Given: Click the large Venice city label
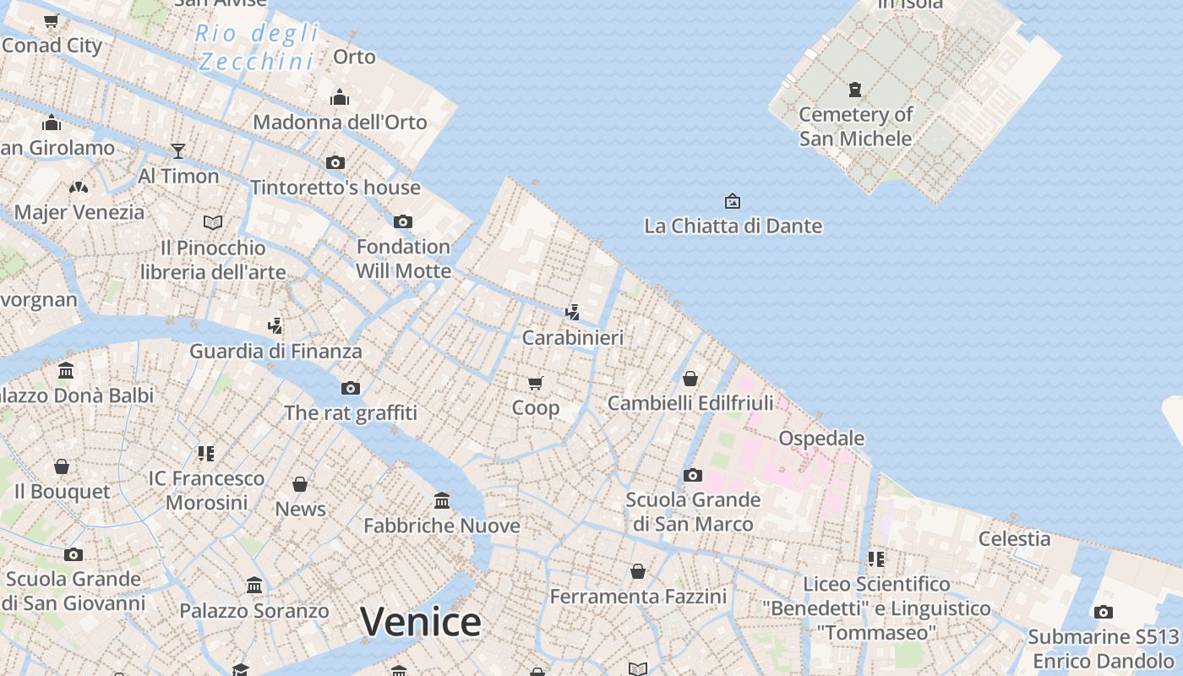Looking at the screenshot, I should click(421, 622).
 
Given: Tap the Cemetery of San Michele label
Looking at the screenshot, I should click(856, 126).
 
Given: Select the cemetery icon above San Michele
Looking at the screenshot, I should click(855, 89).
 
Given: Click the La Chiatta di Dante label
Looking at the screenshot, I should click(733, 226).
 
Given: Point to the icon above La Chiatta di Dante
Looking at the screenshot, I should click(733, 201).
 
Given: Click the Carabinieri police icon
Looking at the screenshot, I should click(572, 313).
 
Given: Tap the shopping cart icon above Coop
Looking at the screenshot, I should click(535, 384).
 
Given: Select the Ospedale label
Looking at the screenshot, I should click(821, 438).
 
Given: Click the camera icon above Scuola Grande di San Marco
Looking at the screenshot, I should click(693, 475).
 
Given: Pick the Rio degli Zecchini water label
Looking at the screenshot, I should click(257, 47).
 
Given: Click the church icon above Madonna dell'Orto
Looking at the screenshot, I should click(340, 97).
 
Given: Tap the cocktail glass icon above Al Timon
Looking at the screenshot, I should click(177, 151).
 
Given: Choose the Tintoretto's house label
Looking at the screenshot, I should click(335, 187).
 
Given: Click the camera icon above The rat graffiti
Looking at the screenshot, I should click(351, 389).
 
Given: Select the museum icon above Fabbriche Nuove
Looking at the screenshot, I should click(442, 500).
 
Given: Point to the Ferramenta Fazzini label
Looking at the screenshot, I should click(638, 597).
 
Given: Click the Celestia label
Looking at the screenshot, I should click(1014, 538).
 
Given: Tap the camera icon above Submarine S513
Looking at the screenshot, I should click(1103, 613).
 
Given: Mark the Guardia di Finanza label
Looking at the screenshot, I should click(275, 351).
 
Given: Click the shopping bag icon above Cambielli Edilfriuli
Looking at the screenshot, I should click(690, 379).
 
